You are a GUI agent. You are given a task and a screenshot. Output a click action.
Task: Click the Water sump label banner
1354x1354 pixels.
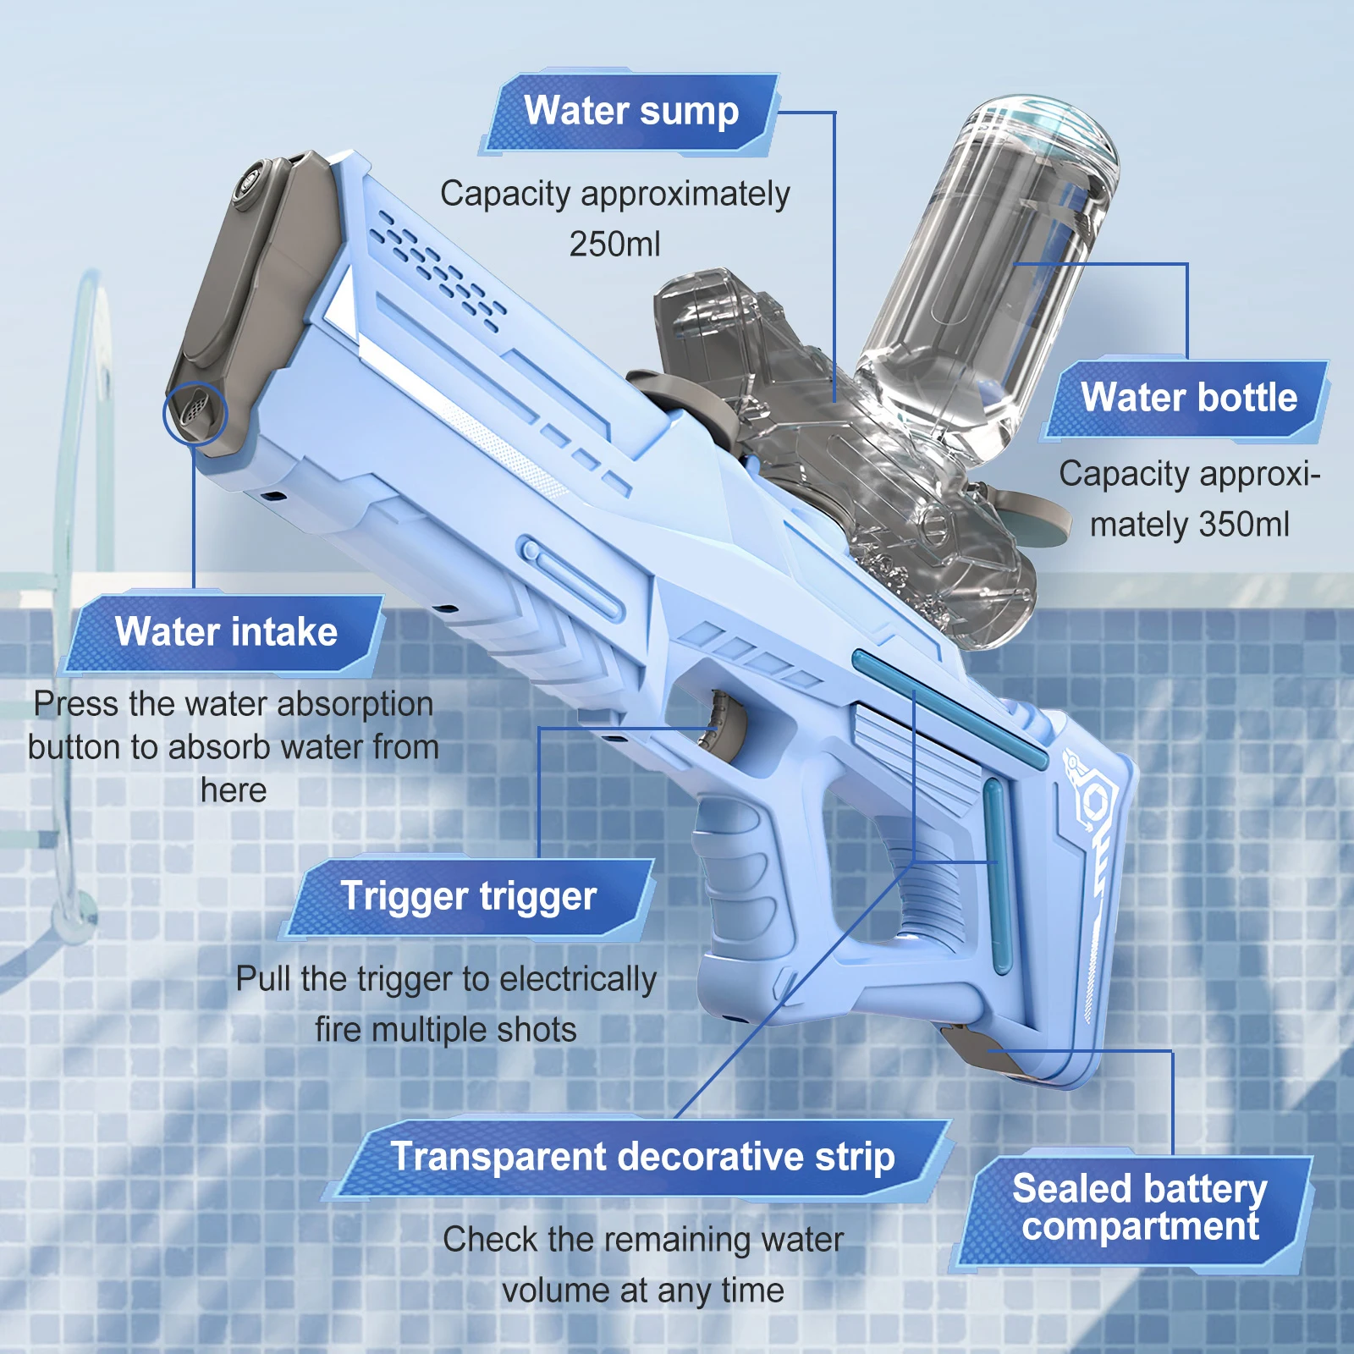tap(630, 113)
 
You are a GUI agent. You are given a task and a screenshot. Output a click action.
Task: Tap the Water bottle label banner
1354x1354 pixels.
tap(1187, 399)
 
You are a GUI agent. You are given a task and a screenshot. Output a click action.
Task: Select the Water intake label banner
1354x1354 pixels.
tap(226, 632)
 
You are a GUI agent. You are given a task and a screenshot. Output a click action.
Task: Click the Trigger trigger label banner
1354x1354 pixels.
tap(468, 897)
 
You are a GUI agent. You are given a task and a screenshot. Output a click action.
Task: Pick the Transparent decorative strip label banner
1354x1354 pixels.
tap(641, 1158)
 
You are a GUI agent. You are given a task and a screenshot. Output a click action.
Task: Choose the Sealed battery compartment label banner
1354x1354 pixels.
tap(1138, 1208)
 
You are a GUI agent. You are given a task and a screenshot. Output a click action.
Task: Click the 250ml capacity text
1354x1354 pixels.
tap(614, 245)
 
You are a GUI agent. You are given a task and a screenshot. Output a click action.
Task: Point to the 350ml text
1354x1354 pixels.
tap(1243, 525)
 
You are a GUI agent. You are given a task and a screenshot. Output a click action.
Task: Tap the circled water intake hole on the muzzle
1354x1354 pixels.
tap(195, 413)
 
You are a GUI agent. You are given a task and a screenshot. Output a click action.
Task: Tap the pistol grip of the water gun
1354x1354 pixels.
tap(745, 889)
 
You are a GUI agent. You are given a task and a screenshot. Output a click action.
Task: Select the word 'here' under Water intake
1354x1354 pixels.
tap(234, 790)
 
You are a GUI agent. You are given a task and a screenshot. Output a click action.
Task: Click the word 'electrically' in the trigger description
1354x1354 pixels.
tap(578, 980)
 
